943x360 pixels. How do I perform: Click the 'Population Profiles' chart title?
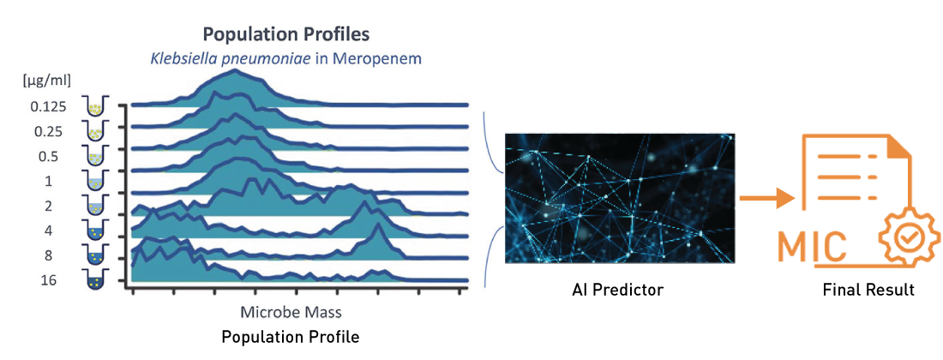(286, 33)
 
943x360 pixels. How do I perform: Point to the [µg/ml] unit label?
(51, 79)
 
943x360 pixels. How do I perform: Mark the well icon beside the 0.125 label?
(96, 106)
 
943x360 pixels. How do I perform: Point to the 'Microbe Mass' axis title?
(291, 313)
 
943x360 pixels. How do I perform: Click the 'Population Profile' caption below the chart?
(291, 337)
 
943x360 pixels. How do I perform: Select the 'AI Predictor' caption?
(617, 291)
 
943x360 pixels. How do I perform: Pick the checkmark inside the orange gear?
(910, 238)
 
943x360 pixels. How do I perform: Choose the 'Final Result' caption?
(868, 291)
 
